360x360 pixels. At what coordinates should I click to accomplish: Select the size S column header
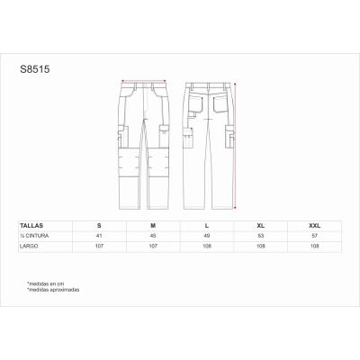point(98,224)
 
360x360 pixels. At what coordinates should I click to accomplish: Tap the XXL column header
point(314,224)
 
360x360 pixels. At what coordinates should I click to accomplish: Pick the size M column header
point(153,224)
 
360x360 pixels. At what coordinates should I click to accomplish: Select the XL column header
point(260,224)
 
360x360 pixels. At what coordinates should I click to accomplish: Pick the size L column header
point(206,224)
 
